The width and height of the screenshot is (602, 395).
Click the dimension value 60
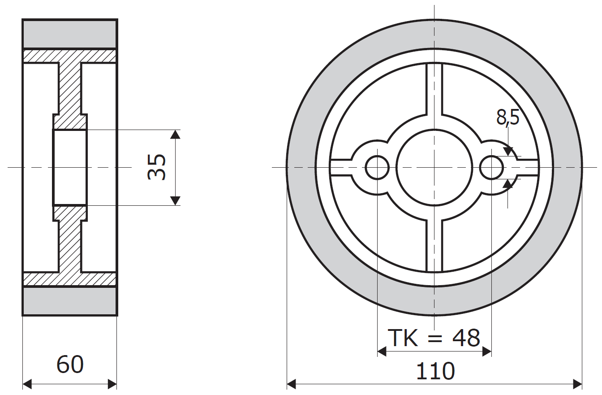[70, 365]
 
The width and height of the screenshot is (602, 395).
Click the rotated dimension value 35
[157, 167]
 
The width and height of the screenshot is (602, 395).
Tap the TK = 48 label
[434, 338]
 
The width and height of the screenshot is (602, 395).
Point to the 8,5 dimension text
[507, 117]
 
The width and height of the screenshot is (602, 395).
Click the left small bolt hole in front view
[377, 168]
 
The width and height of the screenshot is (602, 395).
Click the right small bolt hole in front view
[491, 168]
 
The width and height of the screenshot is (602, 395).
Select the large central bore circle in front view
[434, 168]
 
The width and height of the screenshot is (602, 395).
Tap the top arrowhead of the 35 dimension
[176, 134]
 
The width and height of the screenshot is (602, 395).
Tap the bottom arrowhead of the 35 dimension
[176, 201]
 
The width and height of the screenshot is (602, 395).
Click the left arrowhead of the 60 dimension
[27, 384]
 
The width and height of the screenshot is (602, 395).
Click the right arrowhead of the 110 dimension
[578, 384]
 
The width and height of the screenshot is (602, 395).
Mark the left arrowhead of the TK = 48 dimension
[382, 352]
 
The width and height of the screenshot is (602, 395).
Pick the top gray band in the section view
[70, 34]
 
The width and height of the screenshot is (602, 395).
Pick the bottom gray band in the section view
[70, 301]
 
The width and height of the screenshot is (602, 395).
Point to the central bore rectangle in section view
[70, 167]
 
